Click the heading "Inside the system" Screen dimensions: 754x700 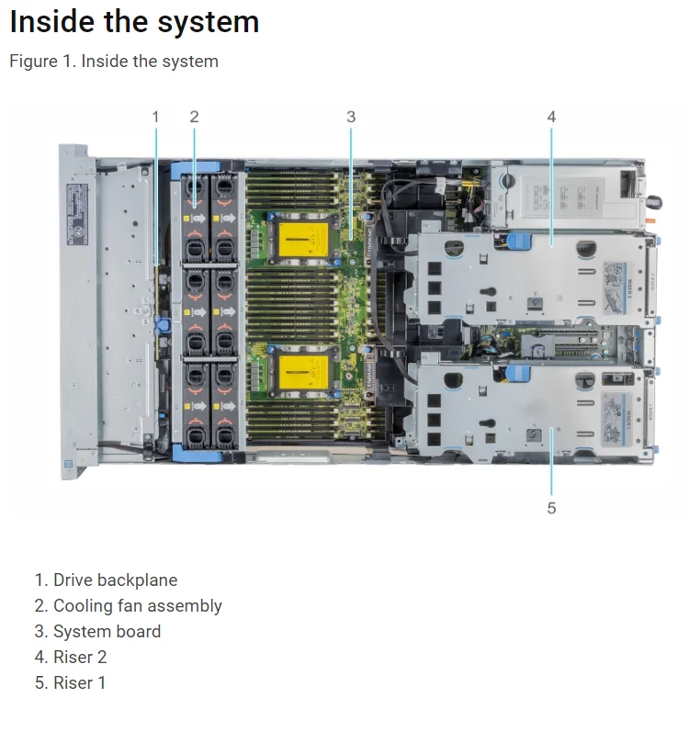[x=134, y=22]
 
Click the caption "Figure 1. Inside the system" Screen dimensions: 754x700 [x=114, y=62]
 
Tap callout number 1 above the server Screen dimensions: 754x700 [x=155, y=117]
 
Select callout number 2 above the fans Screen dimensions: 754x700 [x=194, y=117]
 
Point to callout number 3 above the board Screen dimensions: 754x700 [x=350, y=117]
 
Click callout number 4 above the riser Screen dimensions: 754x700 [x=551, y=117]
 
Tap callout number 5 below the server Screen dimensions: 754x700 [x=551, y=508]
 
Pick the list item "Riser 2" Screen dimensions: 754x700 [x=80, y=658]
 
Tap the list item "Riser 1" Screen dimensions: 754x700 [x=80, y=683]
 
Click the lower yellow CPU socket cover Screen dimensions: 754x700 [x=303, y=372]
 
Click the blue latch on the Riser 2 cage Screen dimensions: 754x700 [x=518, y=241]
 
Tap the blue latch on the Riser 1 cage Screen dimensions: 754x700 [x=518, y=373]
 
